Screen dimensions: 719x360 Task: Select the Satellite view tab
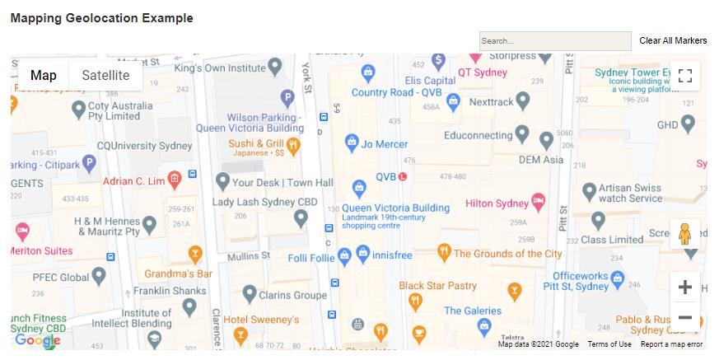pos(105,76)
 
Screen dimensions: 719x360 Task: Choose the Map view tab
pos(44,76)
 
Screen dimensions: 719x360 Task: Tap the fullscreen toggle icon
pos(684,77)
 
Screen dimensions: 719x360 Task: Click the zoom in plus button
pos(684,287)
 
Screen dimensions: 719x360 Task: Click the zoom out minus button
pos(684,317)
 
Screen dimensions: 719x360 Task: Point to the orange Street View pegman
pos(684,235)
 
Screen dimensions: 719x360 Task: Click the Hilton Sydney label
pos(497,203)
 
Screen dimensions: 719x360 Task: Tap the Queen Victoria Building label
pos(395,208)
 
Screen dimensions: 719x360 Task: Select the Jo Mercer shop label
pos(385,144)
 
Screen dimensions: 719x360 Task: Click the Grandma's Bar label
pos(179,273)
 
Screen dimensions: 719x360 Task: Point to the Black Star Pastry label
pos(437,286)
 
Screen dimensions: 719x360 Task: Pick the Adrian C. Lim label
pos(134,180)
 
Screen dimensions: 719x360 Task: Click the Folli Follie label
pos(310,258)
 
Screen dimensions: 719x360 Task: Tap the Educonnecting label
pos(478,135)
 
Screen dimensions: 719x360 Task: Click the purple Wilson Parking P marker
pos(287,99)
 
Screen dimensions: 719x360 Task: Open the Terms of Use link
pos(609,344)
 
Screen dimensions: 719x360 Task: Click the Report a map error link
pos(671,344)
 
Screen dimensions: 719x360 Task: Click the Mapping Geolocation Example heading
pos(101,18)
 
